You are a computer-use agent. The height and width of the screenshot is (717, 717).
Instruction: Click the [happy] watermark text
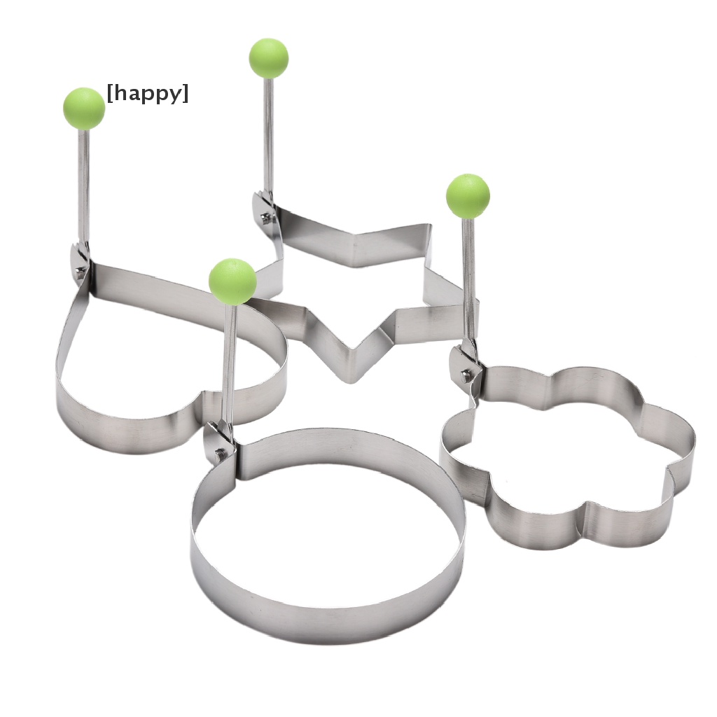pos(147,94)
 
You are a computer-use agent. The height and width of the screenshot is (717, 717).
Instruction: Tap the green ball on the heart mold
pos(84,109)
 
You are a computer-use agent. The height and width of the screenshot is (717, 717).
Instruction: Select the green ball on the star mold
pos(269,58)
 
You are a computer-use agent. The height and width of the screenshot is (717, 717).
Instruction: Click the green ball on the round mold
pos(232,281)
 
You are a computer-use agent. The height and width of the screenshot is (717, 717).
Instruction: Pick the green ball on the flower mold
pos(468,195)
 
